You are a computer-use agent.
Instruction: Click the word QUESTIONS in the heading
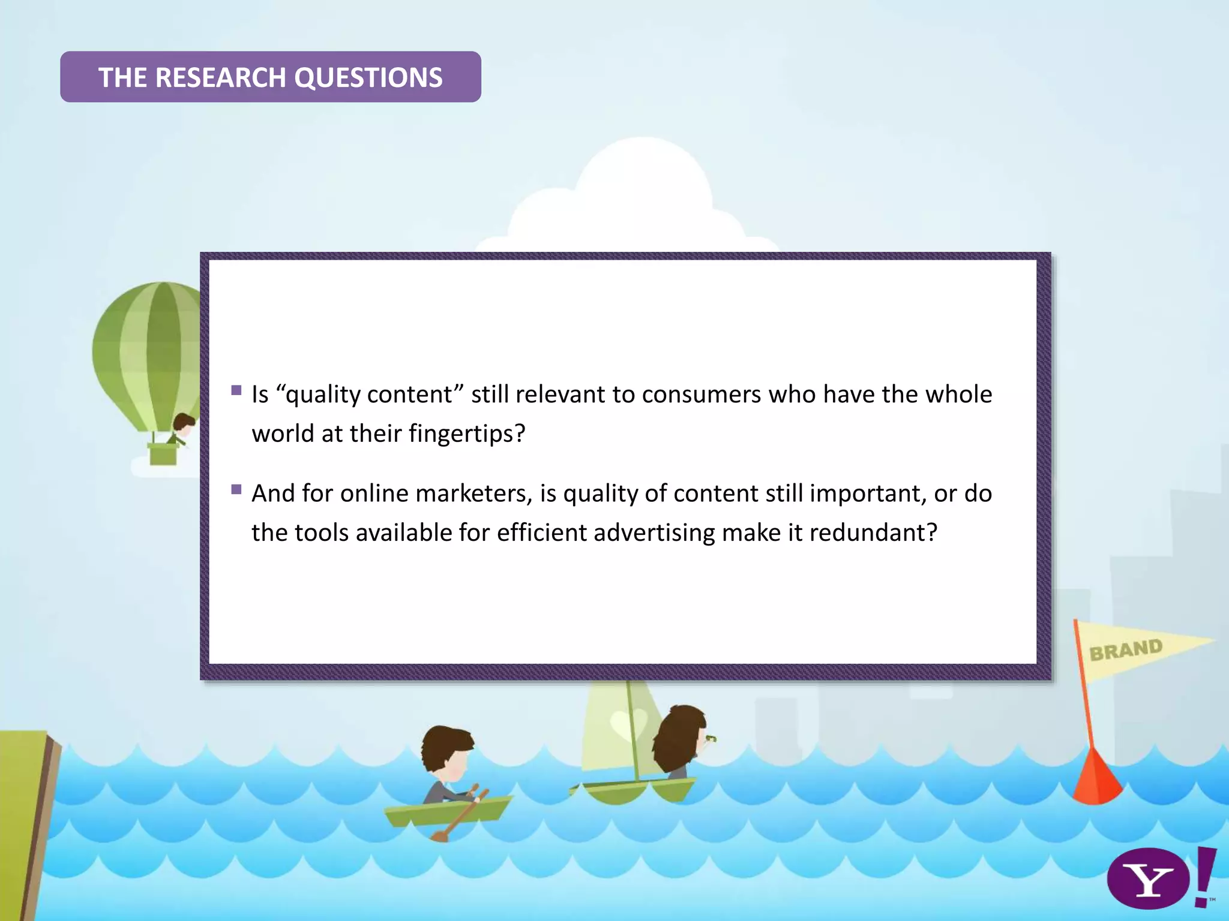368,77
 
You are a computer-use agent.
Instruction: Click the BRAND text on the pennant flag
1126,650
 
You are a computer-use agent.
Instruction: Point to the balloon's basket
163,453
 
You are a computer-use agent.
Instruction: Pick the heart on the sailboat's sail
628,722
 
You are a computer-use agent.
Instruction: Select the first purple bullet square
236,390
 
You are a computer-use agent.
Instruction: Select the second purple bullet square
236,489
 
